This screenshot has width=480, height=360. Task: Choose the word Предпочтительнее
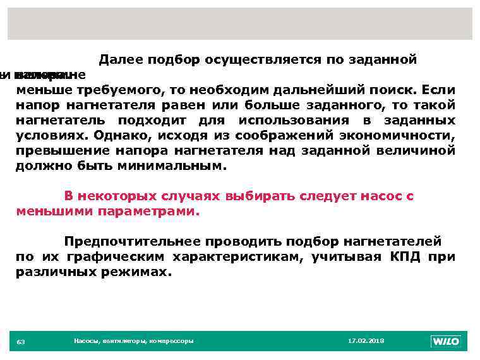(x=132, y=242)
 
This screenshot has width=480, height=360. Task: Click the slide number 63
(x=21, y=342)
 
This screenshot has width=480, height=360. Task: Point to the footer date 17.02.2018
(x=366, y=341)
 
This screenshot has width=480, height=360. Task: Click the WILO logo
(x=446, y=341)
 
